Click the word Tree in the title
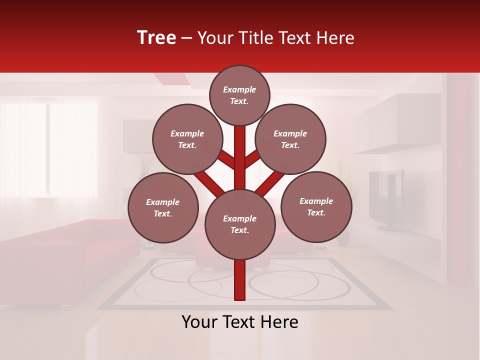(156, 38)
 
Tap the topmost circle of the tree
(239, 95)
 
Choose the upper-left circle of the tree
(187, 139)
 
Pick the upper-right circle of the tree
(290, 139)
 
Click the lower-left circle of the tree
(163, 207)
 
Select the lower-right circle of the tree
(316, 206)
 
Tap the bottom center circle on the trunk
(240, 224)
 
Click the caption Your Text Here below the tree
(240, 322)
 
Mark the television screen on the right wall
(385, 197)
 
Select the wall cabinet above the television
(395, 122)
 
